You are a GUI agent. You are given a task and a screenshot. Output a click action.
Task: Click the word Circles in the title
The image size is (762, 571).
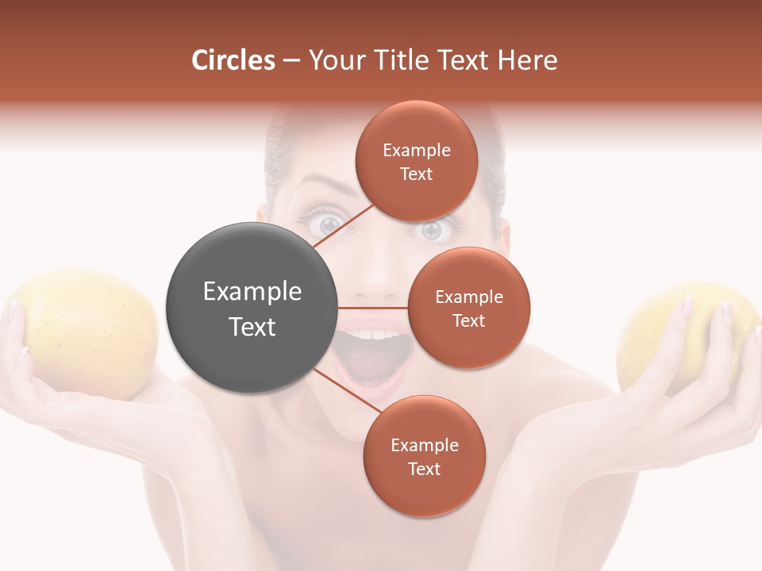coord(233,60)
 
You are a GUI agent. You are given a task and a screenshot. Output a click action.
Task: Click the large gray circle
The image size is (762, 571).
coord(252,308)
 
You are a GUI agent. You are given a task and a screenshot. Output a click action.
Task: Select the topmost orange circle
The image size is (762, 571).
coord(417,162)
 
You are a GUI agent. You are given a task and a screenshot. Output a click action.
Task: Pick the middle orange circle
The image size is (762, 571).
coord(469,308)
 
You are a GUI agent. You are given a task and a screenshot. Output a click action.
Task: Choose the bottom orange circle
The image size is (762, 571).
coord(424,456)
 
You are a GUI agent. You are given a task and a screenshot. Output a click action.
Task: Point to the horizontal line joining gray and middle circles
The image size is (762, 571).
coord(373,308)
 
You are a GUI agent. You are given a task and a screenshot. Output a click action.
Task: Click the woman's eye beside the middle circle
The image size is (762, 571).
coord(433,230)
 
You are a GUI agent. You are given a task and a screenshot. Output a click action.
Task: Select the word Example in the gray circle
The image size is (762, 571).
coord(252,292)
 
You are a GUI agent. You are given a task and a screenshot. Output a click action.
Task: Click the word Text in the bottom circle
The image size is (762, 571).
coord(424,469)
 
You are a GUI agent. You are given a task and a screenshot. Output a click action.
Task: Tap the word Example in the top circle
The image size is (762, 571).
coord(417,150)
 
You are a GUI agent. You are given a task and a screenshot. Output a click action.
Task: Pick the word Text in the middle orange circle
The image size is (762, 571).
coord(469,320)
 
